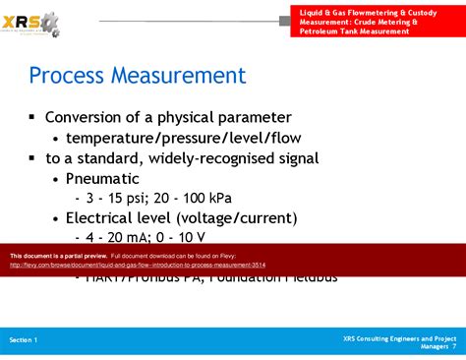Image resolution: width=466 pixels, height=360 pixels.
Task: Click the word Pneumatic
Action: (x=102, y=178)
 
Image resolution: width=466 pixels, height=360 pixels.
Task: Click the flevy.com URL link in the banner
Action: (x=138, y=265)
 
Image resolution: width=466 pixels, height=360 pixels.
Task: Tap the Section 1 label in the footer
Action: (x=24, y=339)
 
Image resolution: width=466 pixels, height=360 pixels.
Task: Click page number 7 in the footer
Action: (x=454, y=346)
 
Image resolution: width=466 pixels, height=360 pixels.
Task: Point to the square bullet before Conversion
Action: (x=32, y=117)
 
